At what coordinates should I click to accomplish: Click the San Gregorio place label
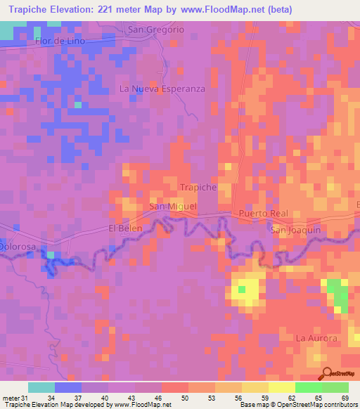(x=155, y=30)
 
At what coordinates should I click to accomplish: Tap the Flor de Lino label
(x=60, y=41)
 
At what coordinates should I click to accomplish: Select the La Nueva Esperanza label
(x=162, y=89)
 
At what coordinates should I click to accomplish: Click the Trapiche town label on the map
(x=198, y=188)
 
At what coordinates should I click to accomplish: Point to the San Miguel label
(x=172, y=207)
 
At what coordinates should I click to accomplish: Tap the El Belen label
(x=125, y=228)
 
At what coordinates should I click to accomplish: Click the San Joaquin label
(x=295, y=230)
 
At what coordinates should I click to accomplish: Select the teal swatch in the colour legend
(x=41, y=387)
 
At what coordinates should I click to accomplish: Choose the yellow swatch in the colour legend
(x=281, y=387)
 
